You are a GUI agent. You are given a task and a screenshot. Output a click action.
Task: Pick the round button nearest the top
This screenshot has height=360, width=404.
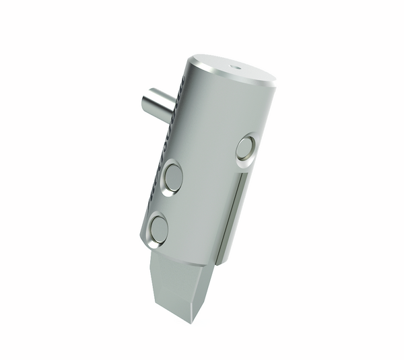point(246,147)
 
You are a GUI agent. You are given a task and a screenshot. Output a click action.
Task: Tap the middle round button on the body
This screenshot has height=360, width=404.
point(172,178)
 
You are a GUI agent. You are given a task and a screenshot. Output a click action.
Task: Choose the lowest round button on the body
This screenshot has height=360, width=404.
point(159,229)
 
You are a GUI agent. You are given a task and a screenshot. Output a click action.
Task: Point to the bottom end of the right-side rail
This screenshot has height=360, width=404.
point(221,259)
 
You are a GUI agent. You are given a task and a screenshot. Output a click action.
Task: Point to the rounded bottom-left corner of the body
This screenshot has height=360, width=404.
point(144,242)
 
